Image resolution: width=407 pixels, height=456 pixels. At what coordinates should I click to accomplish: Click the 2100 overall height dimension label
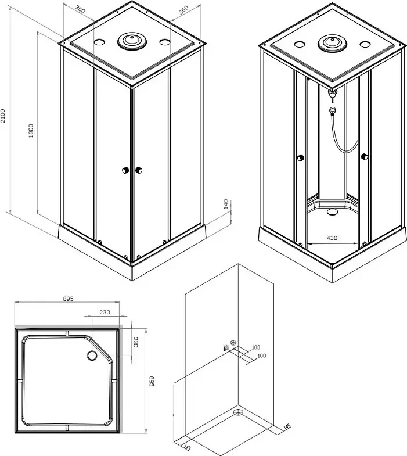[x=3, y=116]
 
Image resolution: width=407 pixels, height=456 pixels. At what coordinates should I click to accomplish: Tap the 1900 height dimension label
[x=31, y=131]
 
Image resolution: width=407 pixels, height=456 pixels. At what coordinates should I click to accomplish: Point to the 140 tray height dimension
[x=226, y=204]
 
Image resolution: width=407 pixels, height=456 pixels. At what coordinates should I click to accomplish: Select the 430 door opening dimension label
[x=332, y=238]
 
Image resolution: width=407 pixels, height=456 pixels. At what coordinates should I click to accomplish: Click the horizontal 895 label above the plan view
[x=68, y=299]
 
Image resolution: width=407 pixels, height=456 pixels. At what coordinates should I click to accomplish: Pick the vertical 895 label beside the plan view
[x=151, y=381]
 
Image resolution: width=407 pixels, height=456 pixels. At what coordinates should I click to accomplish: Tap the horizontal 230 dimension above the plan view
[x=105, y=313]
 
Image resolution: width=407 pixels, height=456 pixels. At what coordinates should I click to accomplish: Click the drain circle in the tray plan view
[x=92, y=356]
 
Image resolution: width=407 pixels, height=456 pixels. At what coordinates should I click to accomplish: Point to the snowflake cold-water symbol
[x=233, y=343]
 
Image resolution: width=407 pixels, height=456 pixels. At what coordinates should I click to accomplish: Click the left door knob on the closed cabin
[x=125, y=170]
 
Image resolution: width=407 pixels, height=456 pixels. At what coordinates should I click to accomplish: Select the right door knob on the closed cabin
[x=139, y=170]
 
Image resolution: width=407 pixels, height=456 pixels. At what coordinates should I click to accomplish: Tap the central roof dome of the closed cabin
[x=132, y=41]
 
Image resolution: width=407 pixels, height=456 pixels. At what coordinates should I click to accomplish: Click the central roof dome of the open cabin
[x=332, y=43]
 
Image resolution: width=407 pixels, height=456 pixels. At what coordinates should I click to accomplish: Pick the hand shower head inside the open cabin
[x=333, y=110]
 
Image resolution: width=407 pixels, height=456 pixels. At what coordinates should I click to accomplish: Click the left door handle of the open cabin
[x=301, y=158]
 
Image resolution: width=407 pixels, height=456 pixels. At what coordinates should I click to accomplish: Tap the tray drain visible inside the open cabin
[x=332, y=211]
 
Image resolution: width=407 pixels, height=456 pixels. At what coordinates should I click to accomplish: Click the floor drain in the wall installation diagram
[x=238, y=412]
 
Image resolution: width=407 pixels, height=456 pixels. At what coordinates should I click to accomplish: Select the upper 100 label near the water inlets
[x=256, y=347]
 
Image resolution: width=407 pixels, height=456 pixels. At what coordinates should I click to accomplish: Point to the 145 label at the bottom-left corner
[x=187, y=448]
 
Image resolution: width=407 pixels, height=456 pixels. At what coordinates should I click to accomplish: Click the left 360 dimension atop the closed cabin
[x=80, y=9]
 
